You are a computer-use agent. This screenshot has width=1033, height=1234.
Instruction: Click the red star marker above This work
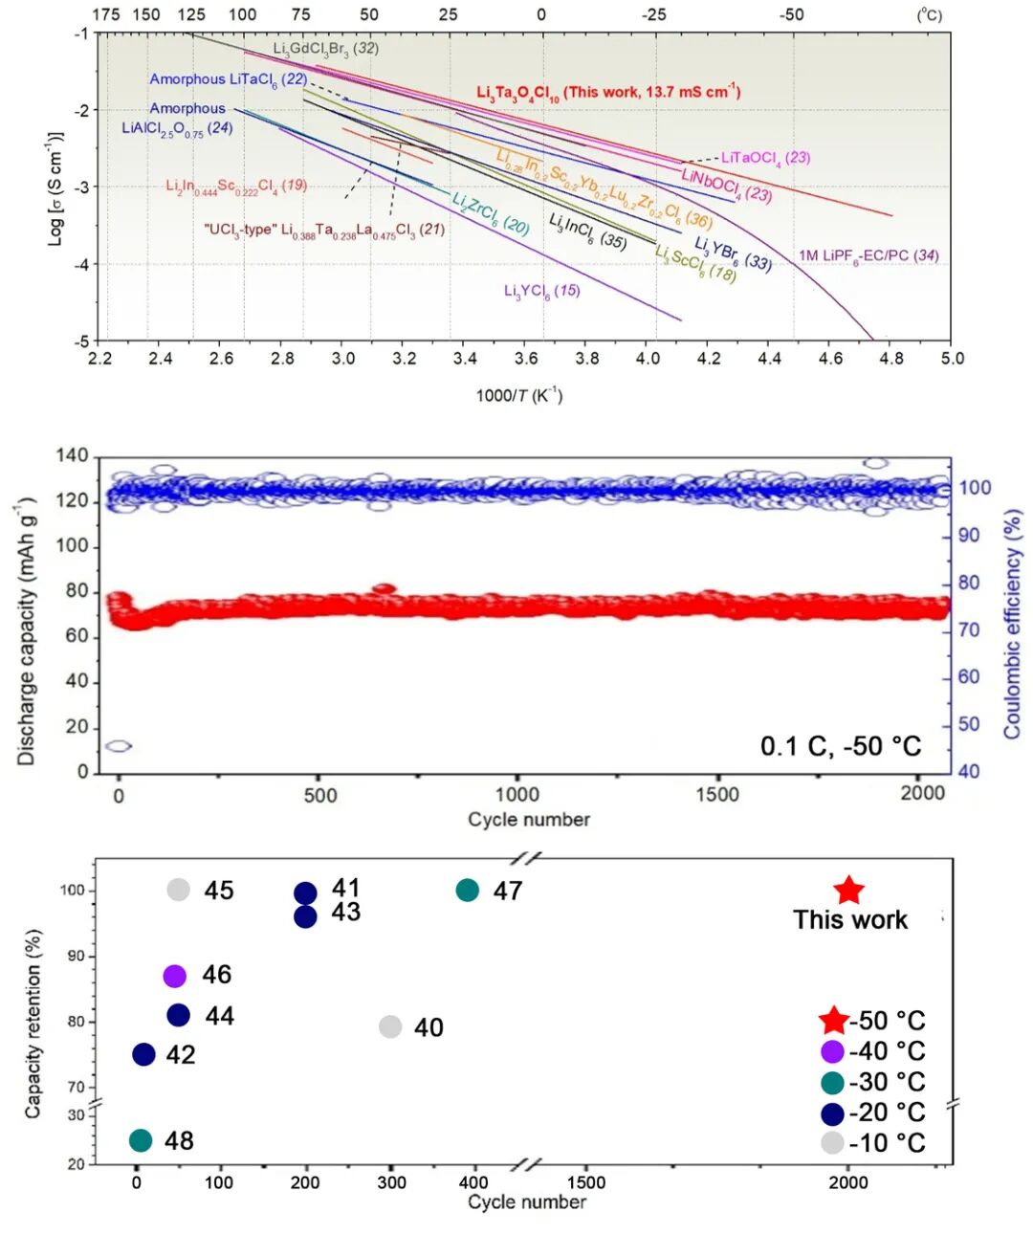[848, 891]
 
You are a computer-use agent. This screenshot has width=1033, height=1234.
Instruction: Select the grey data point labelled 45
[179, 890]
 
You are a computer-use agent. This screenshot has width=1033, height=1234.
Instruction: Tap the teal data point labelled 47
[467, 890]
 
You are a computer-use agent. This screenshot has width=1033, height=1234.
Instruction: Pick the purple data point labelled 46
[174, 976]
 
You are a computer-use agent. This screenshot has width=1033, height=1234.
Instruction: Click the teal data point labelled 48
[141, 1140]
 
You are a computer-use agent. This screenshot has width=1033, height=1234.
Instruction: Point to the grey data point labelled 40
[390, 1026]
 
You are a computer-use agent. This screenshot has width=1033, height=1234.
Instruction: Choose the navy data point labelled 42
[143, 1054]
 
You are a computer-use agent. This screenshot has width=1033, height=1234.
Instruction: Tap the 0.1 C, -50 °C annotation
[841, 746]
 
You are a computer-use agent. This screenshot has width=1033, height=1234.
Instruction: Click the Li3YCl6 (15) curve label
[541, 291]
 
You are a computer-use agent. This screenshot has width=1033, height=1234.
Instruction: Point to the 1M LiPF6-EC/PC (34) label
[868, 255]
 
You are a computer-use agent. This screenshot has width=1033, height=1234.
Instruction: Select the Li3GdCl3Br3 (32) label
[325, 49]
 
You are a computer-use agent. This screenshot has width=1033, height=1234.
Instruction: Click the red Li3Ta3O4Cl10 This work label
[608, 93]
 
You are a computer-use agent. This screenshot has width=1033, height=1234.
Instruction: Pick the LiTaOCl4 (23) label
[765, 158]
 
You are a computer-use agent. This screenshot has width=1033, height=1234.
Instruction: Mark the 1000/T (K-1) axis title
[519, 395]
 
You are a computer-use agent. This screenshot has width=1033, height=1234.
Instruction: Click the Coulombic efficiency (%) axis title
[1012, 623]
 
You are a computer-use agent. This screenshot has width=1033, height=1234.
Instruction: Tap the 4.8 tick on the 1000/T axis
[890, 359]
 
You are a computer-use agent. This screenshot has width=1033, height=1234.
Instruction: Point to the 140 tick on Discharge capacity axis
[72, 455]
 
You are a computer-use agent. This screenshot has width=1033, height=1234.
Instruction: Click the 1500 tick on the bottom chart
[585, 1182]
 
